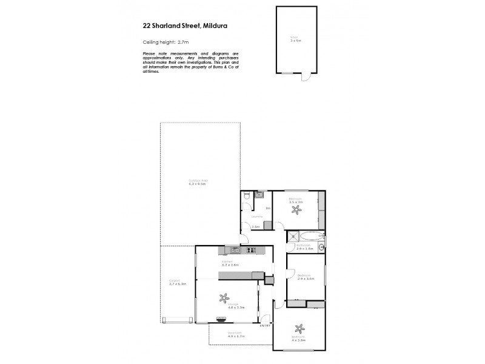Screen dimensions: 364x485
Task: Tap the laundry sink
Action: click(x=258, y=195)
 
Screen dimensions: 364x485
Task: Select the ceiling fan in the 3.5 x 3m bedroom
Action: click(x=296, y=209)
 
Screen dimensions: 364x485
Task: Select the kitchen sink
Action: click(x=233, y=250)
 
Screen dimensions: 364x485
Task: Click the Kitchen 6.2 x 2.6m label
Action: click(x=231, y=263)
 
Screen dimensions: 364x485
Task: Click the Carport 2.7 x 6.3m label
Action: click(x=177, y=283)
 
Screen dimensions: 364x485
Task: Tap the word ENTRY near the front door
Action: click(x=264, y=326)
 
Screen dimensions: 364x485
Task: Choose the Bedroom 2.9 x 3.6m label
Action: click(x=306, y=277)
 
